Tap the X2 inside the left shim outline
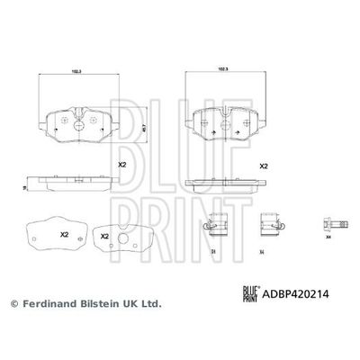coord(64,235)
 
